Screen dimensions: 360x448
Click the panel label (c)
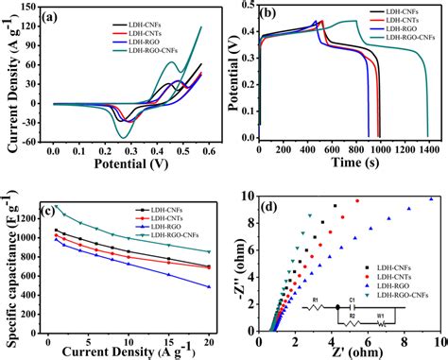click(x=62, y=211)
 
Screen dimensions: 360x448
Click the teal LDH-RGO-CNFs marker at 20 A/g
click(x=208, y=251)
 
